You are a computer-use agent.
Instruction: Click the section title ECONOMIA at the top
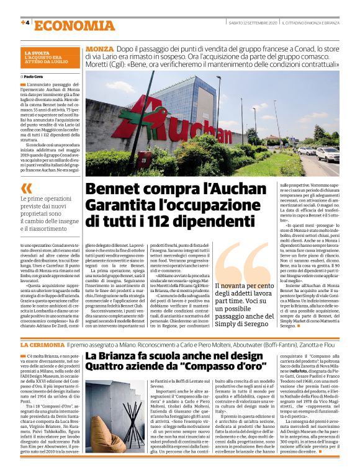[74, 25]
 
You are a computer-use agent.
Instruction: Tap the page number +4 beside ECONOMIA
[25, 23]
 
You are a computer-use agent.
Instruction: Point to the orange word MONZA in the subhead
[99, 48]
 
